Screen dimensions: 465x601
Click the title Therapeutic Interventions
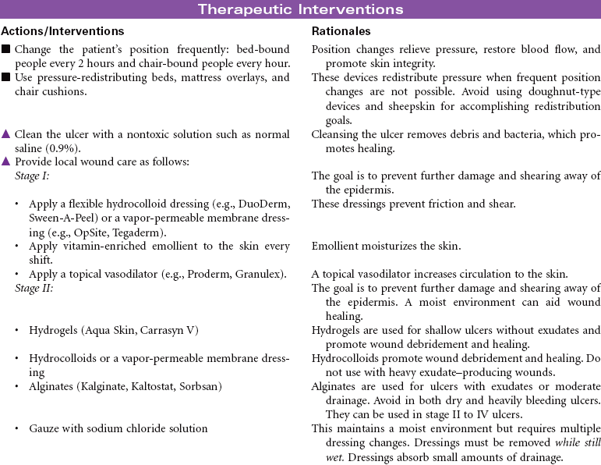click(300, 9)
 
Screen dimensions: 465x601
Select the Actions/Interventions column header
click(63, 31)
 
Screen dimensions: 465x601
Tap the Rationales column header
click(341, 31)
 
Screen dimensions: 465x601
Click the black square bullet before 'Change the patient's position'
click(6, 49)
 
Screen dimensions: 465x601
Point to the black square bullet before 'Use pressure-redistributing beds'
click(6, 78)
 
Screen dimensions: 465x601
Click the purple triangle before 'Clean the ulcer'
click(6, 134)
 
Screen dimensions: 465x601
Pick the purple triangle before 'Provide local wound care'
click(6, 162)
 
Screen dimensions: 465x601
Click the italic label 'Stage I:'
click(32, 176)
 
